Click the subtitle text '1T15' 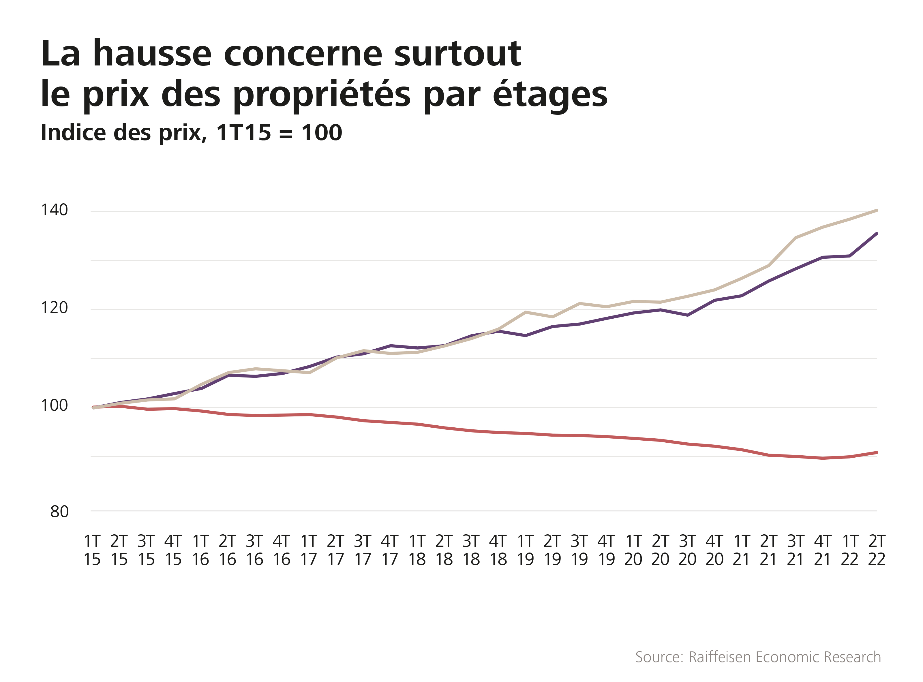[244, 133]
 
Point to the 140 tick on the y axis [54, 210]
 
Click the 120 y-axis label [54, 308]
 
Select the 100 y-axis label [54, 406]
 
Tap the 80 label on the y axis [59, 512]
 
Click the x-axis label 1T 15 [92, 550]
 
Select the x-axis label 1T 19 [525, 550]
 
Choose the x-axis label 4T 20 [714, 550]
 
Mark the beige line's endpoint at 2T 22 [876, 211]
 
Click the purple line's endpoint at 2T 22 [876, 234]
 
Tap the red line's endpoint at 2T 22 [876, 453]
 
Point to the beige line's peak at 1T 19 [525, 312]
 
